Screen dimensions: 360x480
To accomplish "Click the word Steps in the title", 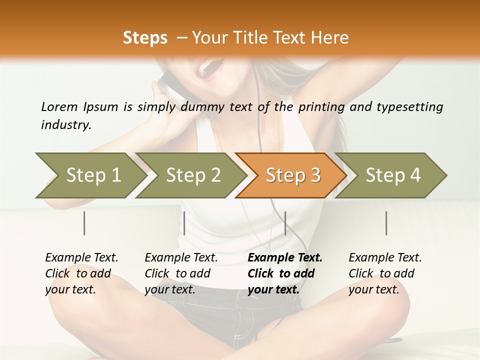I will click(145, 38).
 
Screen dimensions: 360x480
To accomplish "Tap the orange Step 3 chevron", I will click(292, 175).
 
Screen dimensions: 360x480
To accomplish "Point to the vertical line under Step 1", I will click(84, 223).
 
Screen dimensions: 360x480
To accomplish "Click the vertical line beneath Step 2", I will click(184, 223).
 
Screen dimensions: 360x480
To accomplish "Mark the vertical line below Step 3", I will click(285, 223).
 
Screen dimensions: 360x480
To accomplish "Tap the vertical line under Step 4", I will click(386, 223).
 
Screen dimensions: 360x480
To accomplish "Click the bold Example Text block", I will click(285, 273).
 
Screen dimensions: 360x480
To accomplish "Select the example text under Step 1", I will click(81, 273).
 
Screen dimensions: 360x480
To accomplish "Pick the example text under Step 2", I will click(181, 273).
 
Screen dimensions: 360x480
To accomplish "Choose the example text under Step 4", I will click(385, 273).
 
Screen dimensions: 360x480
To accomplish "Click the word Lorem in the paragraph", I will click(59, 107).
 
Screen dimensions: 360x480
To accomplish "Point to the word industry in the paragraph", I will click(66, 125).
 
